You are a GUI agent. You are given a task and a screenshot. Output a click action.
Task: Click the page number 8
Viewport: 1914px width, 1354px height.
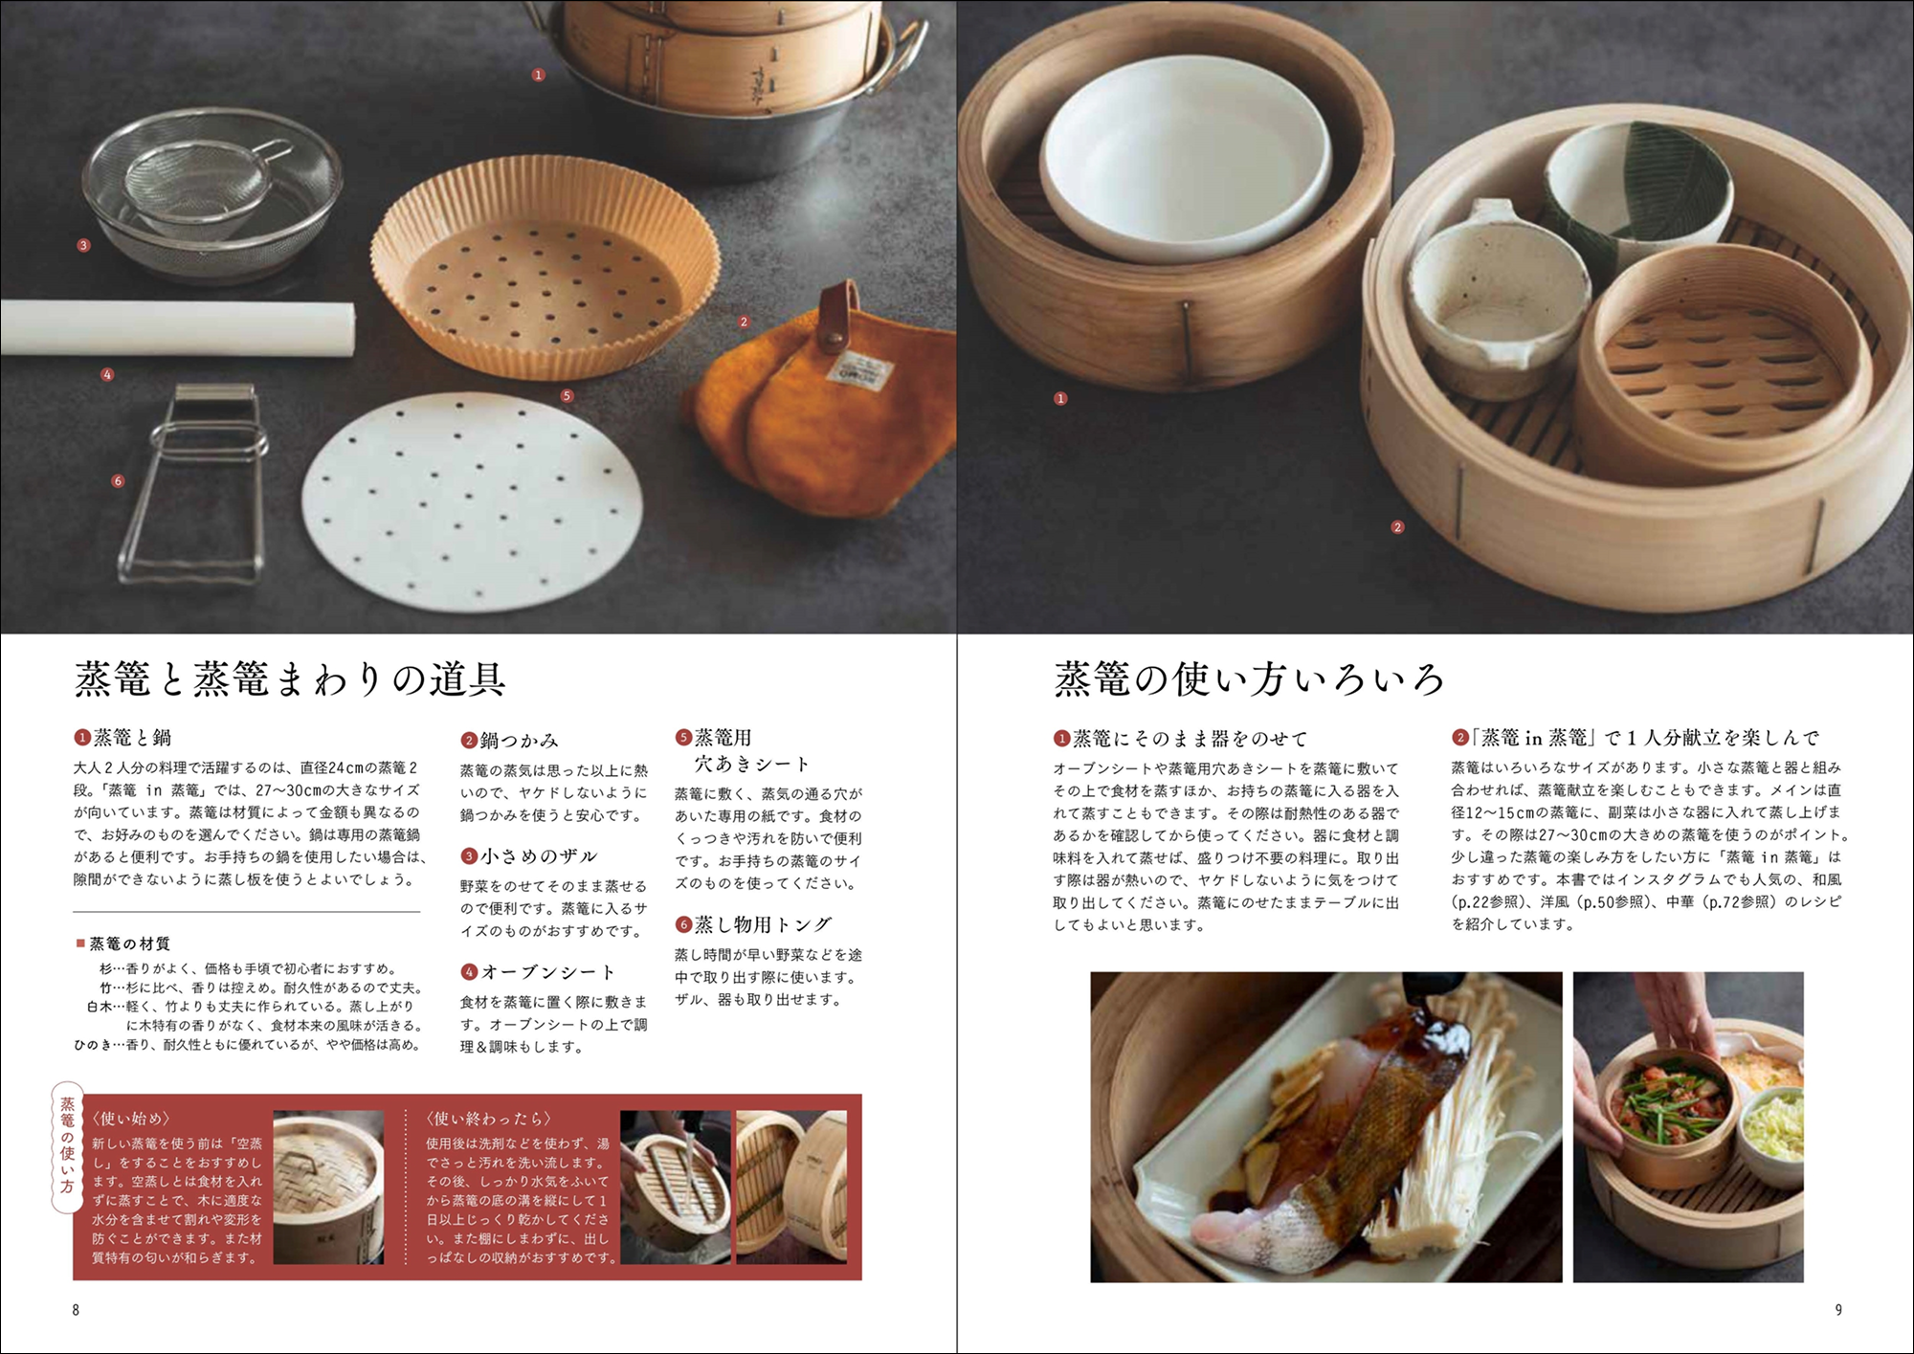click(76, 1310)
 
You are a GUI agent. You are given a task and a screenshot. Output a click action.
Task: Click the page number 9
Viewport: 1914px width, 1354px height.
click(1838, 1310)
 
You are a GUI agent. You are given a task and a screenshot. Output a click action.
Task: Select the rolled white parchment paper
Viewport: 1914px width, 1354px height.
click(177, 326)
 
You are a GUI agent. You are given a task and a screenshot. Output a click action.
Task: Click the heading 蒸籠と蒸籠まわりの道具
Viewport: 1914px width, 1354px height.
click(291, 680)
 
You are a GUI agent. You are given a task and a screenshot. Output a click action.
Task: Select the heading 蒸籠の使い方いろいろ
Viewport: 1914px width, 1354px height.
click(1249, 679)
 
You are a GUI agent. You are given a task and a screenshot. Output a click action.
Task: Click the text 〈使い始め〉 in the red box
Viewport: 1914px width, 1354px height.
click(132, 1119)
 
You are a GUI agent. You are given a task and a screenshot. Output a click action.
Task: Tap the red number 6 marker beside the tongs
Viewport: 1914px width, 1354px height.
click(118, 481)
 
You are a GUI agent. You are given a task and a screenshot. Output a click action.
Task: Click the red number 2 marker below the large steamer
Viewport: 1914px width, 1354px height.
click(1397, 527)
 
